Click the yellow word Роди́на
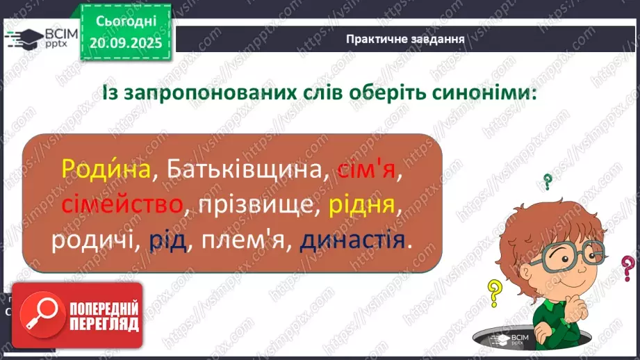click(106, 170)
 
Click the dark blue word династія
click(352, 240)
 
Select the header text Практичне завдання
click(405, 38)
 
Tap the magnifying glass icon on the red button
click(40, 314)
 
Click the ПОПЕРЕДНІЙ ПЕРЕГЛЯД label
click(103, 315)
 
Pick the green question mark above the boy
click(548, 182)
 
